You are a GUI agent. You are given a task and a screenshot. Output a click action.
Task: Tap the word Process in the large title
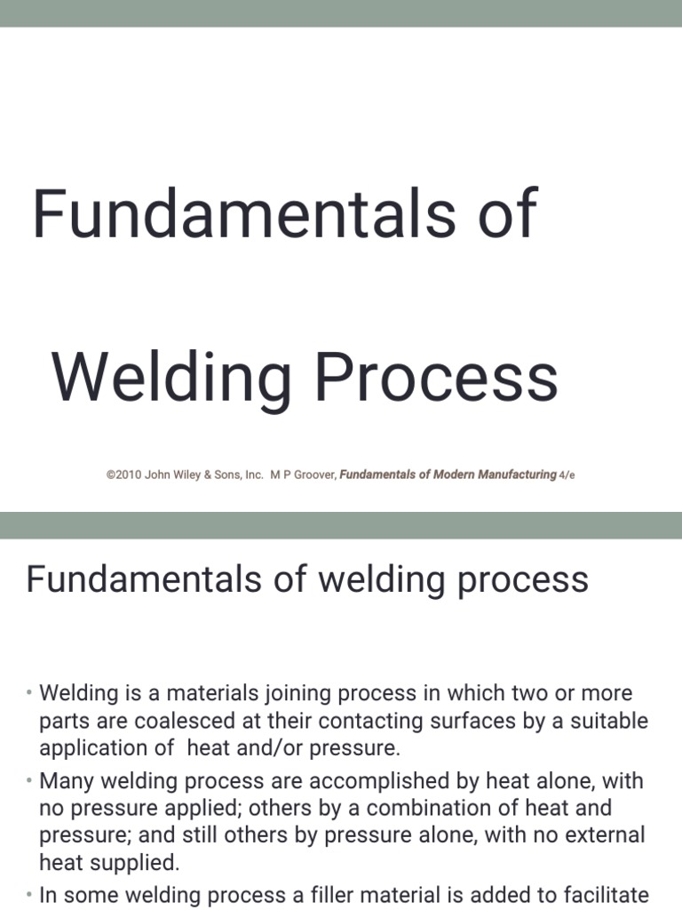coord(436,377)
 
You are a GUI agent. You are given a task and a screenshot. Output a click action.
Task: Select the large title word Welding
coord(171,381)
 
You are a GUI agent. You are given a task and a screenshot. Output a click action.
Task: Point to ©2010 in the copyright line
coord(123,475)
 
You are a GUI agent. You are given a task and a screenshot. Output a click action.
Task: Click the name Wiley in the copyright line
coord(186,475)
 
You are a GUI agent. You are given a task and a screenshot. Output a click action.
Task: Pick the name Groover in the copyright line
coord(315,475)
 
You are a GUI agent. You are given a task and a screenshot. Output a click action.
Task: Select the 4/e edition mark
coord(567,475)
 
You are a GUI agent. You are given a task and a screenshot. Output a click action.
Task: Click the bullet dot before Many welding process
coord(28,780)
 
